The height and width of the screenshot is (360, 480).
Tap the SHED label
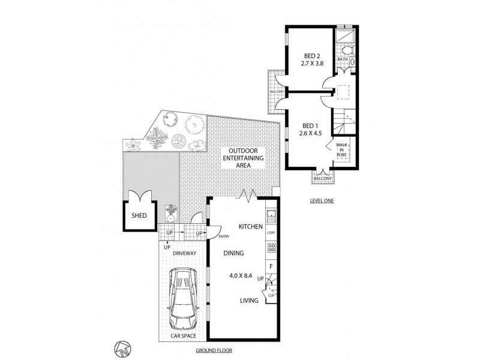139,215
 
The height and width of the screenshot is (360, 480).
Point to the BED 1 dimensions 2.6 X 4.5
311,134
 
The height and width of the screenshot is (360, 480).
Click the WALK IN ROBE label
341,150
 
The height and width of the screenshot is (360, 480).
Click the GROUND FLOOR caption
214,350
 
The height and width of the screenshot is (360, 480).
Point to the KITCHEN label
250,227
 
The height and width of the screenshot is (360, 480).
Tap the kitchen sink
270,215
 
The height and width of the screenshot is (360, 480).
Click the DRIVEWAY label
184,253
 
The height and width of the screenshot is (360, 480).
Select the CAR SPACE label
184,337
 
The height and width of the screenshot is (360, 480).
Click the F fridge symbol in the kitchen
271,266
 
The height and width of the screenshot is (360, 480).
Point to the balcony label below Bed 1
322,178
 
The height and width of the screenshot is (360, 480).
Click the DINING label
234,254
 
